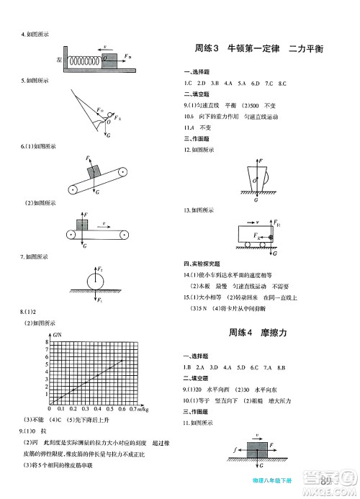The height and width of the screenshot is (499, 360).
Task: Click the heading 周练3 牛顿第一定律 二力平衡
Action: [x=259, y=50]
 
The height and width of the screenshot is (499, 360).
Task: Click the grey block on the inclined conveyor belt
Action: [x=93, y=171]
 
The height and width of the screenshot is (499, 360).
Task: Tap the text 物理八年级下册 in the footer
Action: [x=289, y=480]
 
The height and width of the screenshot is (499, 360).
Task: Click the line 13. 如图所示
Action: [x=199, y=210]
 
